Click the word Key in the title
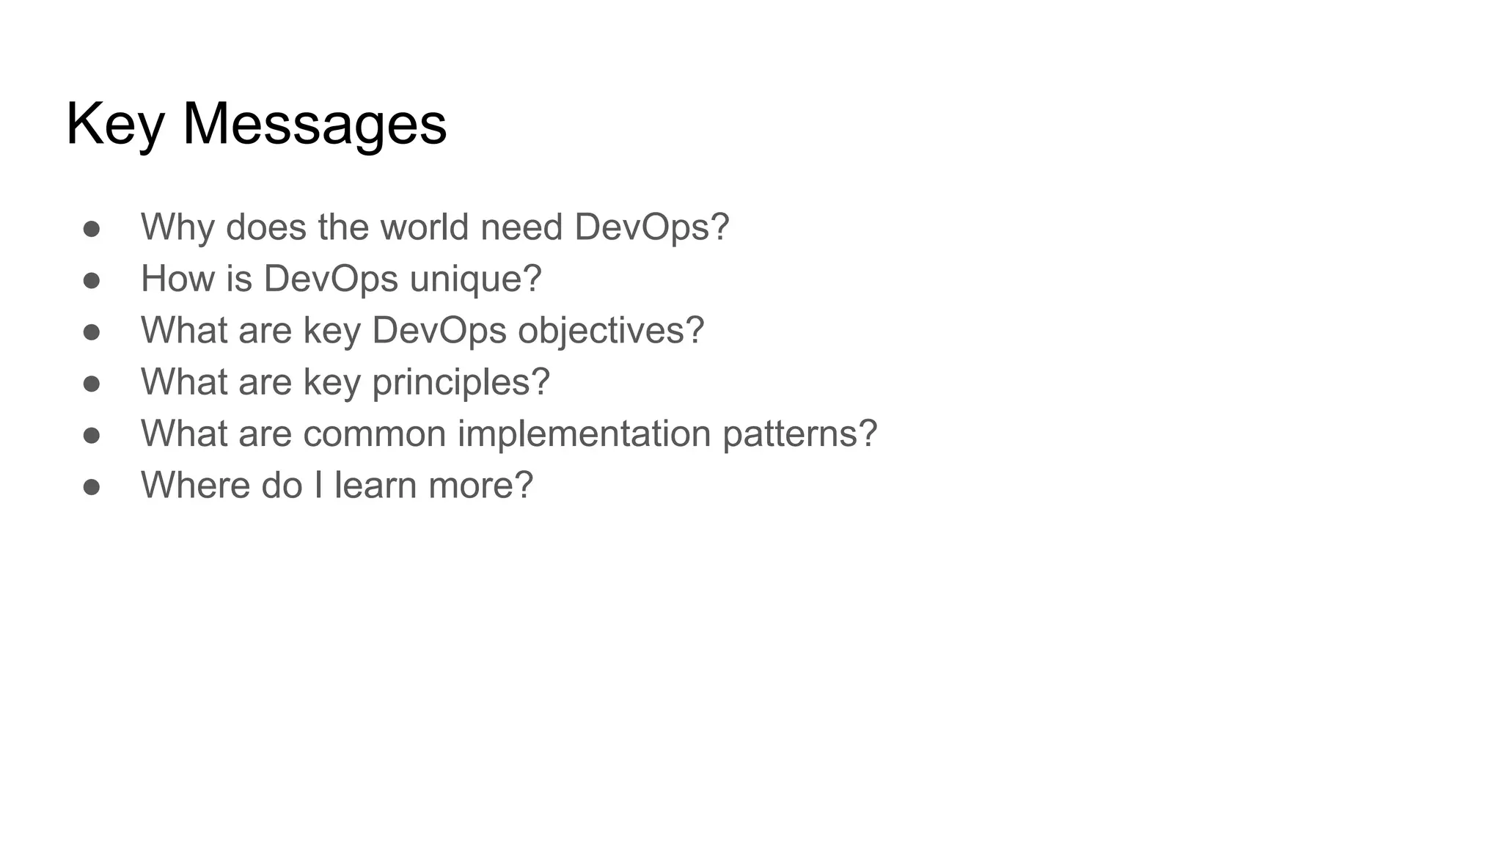pyautogui.click(x=114, y=125)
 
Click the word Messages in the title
pyautogui.click(x=314, y=125)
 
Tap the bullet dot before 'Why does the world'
pyautogui.click(x=92, y=229)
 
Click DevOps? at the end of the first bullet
pyautogui.click(x=651, y=227)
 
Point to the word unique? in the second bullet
pyautogui.click(x=475, y=279)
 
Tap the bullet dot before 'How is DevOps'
pyautogui.click(x=92, y=280)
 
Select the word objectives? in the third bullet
pyautogui.click(x=611, y=331)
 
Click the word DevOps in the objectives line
pyautogui.click(x=439, y=330)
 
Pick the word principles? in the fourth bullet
pyautogui.click(x=461, y=383)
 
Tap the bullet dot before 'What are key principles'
pyautogui.click(x=92, y=384)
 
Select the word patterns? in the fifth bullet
pyautogui.click(x=799, y=434)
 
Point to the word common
pyautogui.click(x=374, y=434)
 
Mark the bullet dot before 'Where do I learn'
pyautogui.click(x=92, y=487)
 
